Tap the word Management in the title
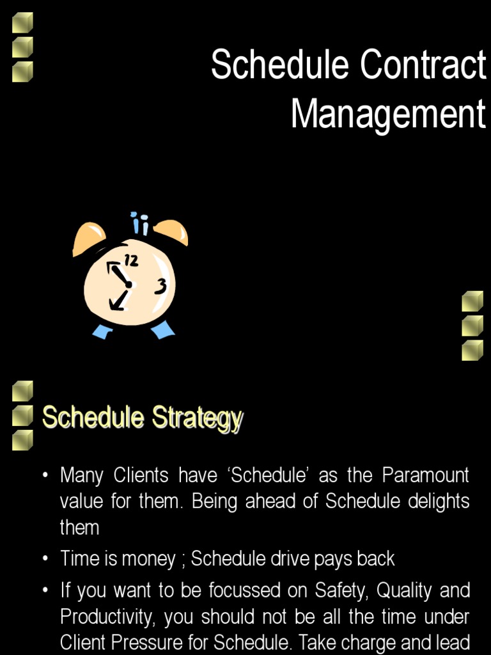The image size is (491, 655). click(x=388, y=115)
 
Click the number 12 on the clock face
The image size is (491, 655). click(x=131, y=260)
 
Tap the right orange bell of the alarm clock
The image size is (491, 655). click(x=171, y=232)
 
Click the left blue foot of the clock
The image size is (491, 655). click(x=102, y=331)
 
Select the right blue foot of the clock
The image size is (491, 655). click(x=162, y=329)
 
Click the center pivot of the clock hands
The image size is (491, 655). click(x=129, y=285)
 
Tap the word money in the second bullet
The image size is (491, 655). click(x=150, y=559)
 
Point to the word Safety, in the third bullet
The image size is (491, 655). click(x=339, y=590)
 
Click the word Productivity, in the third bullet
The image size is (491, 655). click(x=109, y=617)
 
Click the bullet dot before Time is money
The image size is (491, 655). click(x=45, y=559)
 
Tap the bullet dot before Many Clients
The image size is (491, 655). click(x=45, y=476)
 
